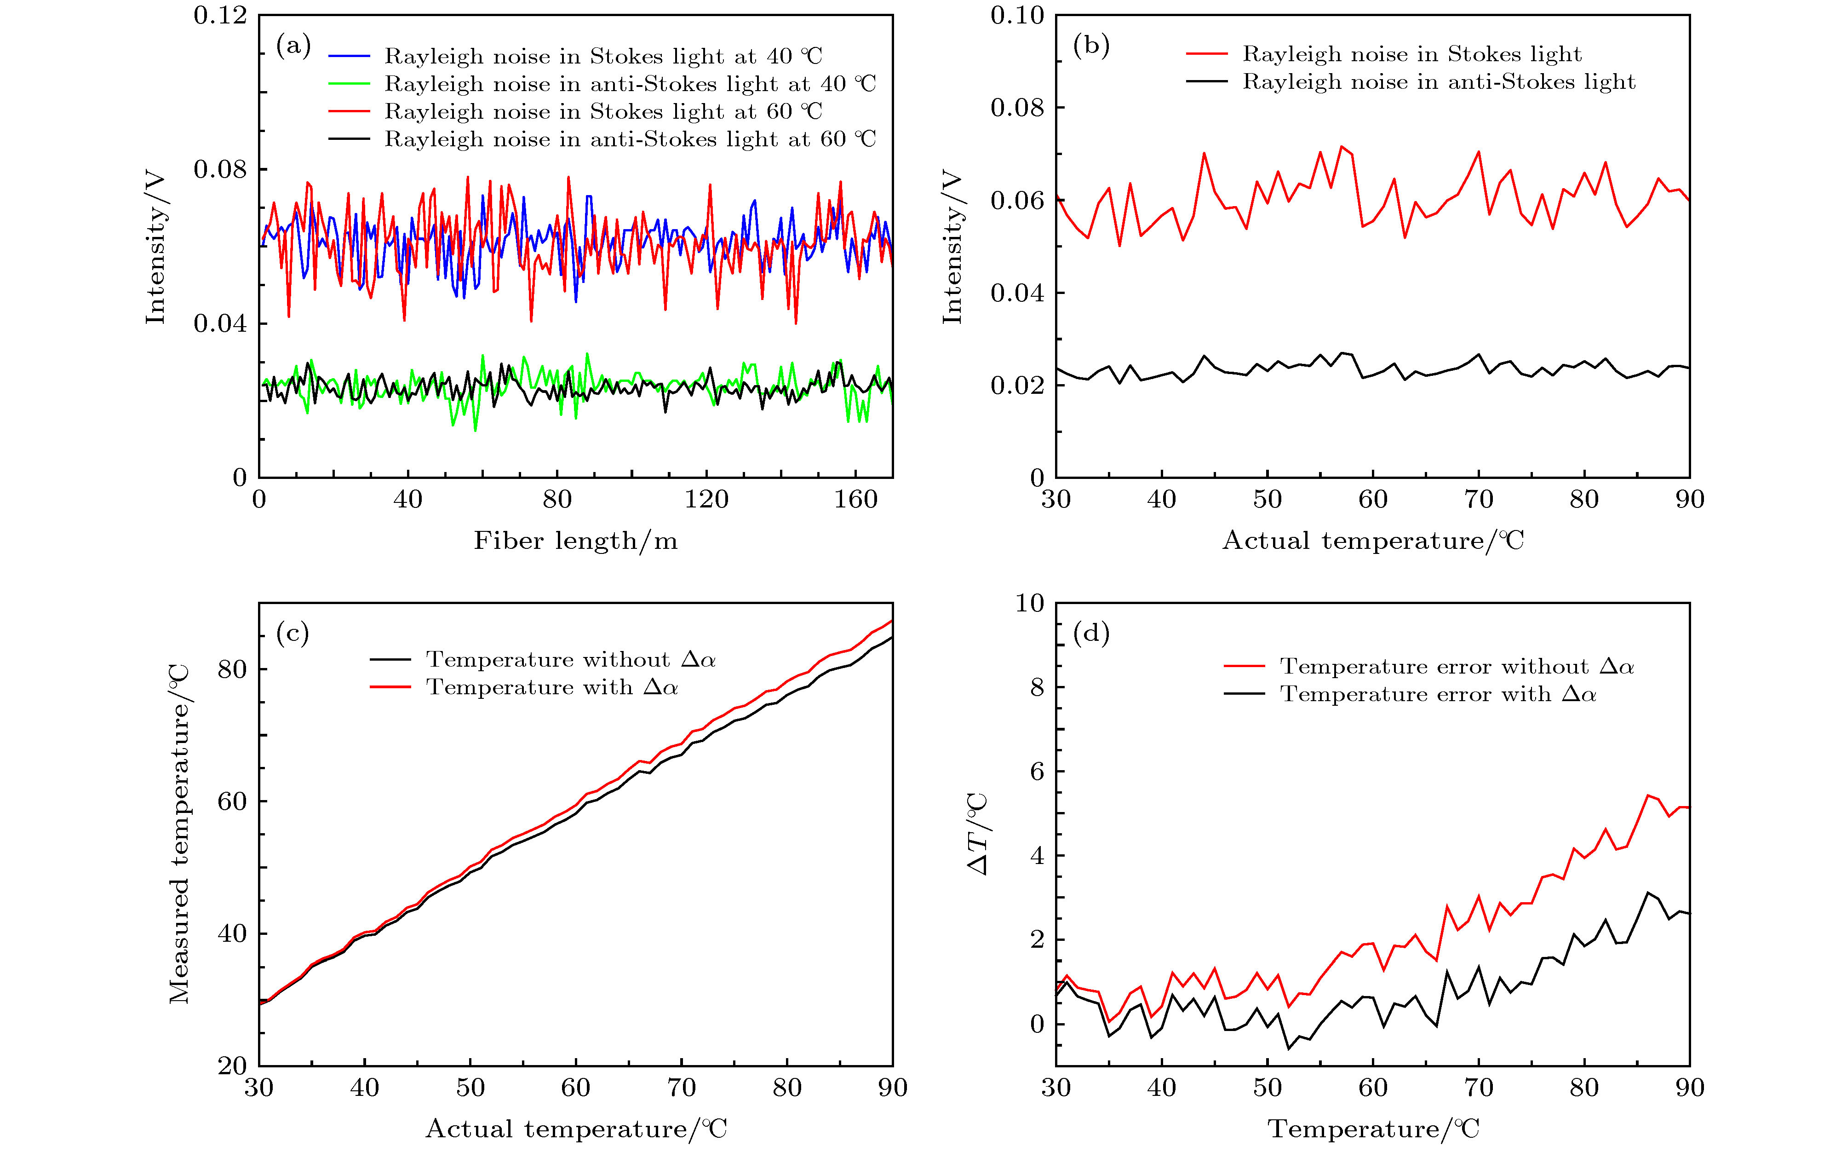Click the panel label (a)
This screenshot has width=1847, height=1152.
(293, 46)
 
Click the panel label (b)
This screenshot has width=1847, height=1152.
(1091, 46)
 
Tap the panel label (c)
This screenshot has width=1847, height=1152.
(293, 633)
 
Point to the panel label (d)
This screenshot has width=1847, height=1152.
(1091, 633)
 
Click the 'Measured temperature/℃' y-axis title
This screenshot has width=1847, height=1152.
(179, 834)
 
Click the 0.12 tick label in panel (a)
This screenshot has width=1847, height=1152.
(220, 15)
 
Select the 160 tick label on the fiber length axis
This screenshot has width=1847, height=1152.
(855, 500)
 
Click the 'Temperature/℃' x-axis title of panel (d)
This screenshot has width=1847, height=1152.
(1373, 1129)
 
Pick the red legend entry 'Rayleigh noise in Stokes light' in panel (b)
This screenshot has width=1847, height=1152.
(1411, 54)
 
